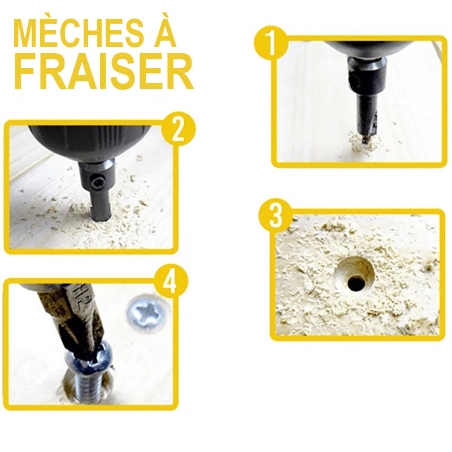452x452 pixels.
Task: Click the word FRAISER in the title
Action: tap(103, 72)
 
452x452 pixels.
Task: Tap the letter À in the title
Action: tap(164, 30)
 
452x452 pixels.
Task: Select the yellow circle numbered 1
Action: tap(271, 43)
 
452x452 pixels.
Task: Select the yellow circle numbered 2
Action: tap(178, 129)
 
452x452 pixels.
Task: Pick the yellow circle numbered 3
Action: tap(275, 215)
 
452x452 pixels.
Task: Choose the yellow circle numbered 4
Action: tap(171, 281)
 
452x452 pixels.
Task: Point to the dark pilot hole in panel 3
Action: tap(356, 283)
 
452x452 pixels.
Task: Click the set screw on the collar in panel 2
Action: tap(96, 182)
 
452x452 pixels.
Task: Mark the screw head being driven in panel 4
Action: tap(89, 359)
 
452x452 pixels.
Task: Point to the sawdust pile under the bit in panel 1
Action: tap(364, 143)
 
